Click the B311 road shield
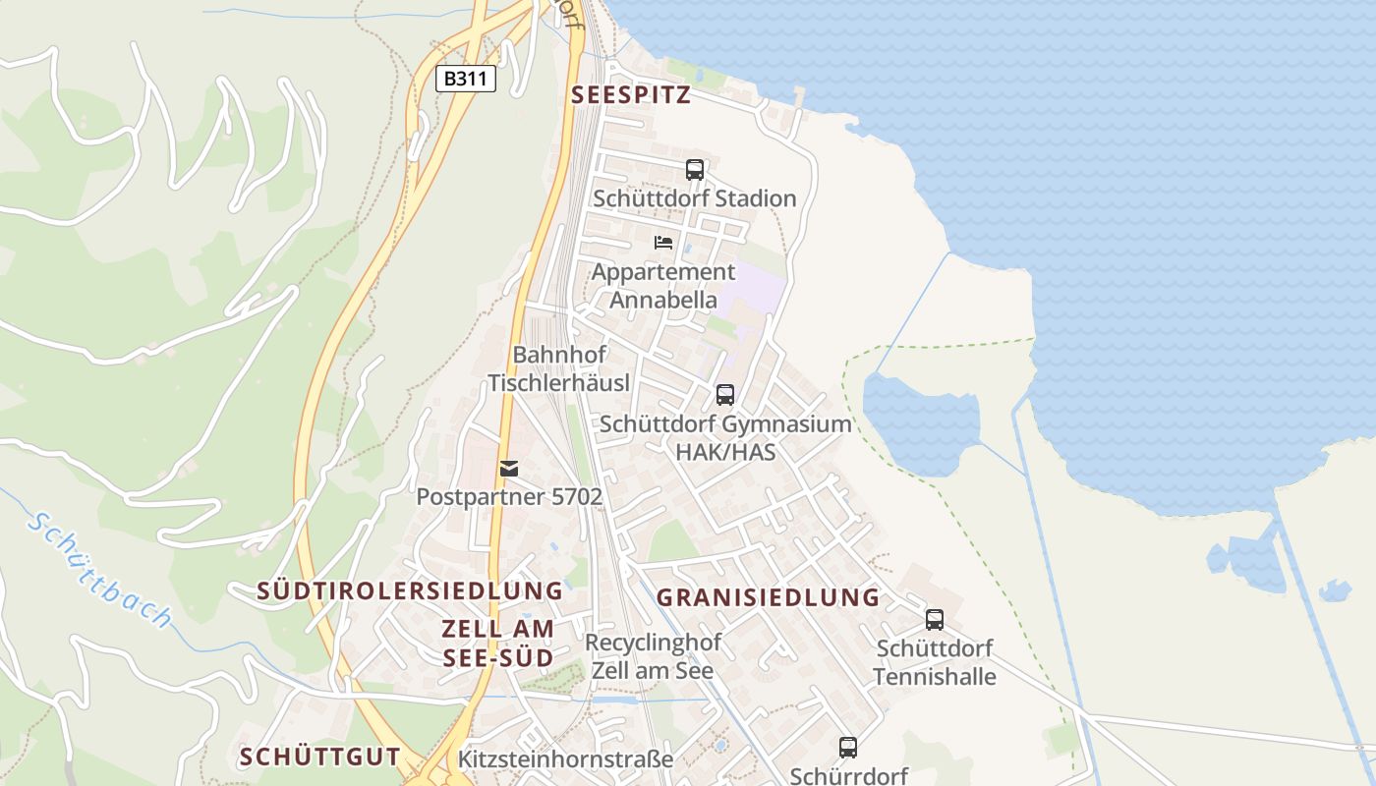pos(466,79)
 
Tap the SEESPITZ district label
pos(631,95)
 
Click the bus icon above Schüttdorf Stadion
pos(695,169)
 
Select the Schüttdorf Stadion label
pos(695,198)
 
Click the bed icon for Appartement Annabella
pos(663,242)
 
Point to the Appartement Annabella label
pos(663,285)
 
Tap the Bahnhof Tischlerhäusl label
pos(559,368)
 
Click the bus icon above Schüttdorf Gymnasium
pos(725,395)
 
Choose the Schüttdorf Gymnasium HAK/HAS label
pos(725,438)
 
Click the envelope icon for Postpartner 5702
pos(509,469)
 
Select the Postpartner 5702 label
pos(509,497)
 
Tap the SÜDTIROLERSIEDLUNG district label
pos(410,590)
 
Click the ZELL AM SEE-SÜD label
pos(498,643)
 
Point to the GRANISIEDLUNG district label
pos(768,597)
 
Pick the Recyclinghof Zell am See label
pos(654,656)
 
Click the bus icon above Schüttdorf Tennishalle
pos(935,620)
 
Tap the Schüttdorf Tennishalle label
pos(935,662)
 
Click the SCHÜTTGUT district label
pos(320,757)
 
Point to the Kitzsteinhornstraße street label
pos(565,759)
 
